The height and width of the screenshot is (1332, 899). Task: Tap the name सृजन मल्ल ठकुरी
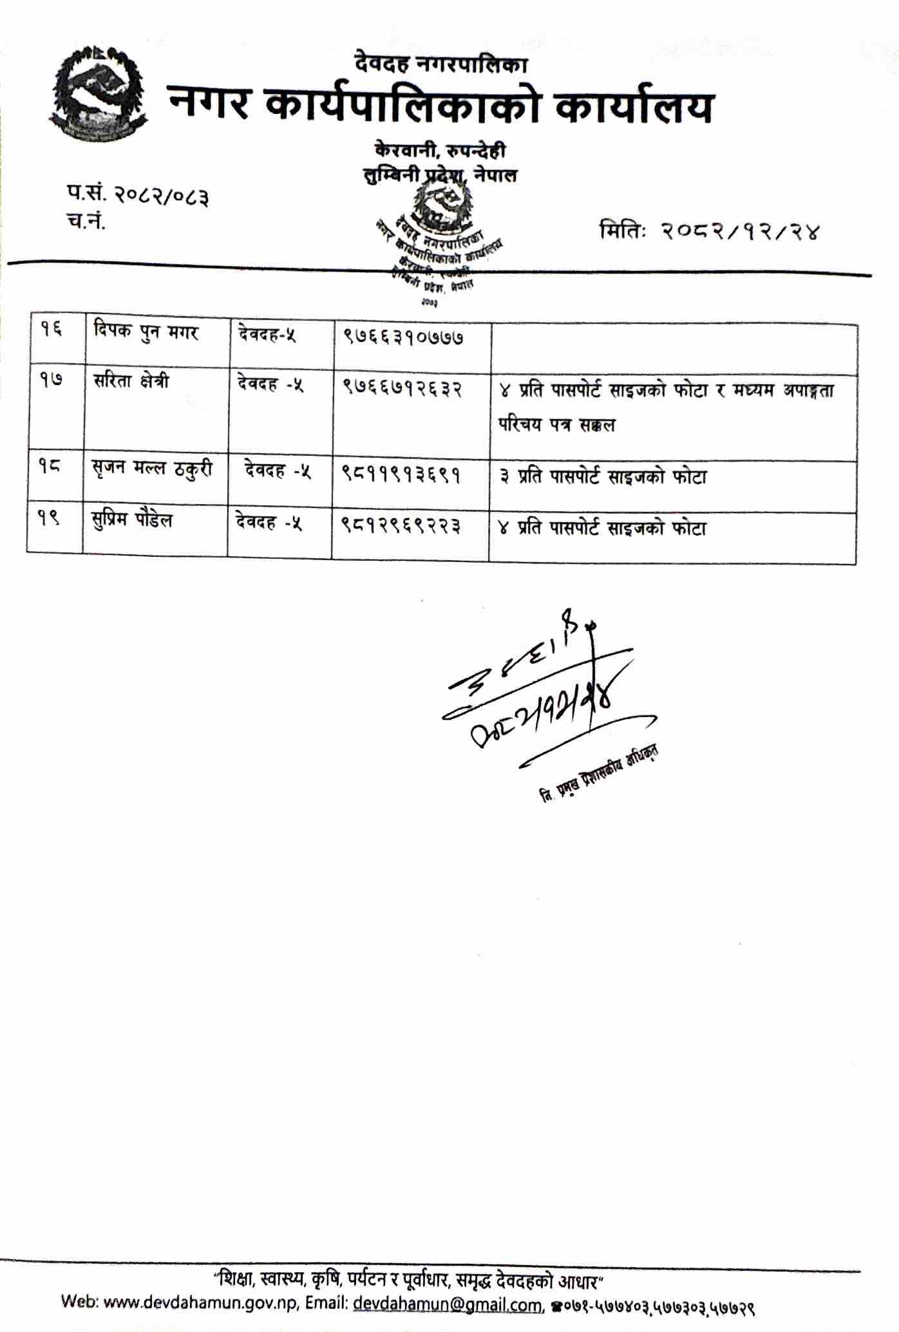tap(152, 469)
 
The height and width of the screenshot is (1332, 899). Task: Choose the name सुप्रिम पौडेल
tap(131, 520)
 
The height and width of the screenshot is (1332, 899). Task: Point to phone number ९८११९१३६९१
tap(400, 476)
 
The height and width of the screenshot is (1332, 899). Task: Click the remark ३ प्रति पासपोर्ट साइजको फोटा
tap(603, 477)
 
